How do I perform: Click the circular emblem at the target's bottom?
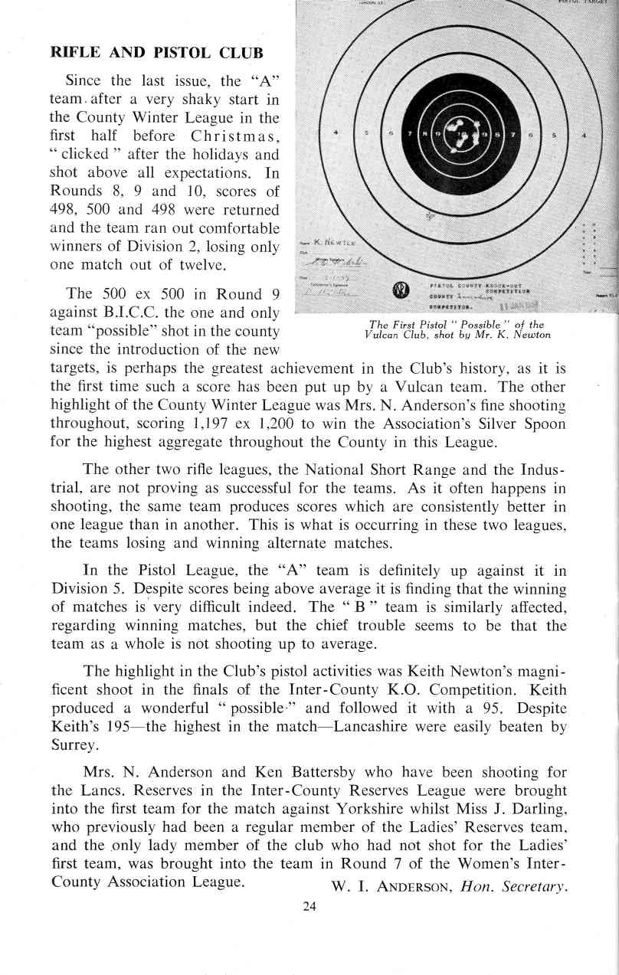[398, 291]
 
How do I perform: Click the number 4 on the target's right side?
[585, 136]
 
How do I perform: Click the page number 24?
[309, 905]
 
